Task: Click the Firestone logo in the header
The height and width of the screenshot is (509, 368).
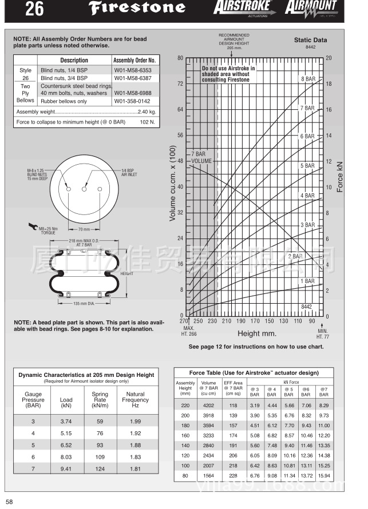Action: (141, 9)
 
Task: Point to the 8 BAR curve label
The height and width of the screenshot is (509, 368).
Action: (308, 79)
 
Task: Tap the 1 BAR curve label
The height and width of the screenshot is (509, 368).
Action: (307, 281)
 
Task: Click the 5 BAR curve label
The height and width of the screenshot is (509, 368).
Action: (307, 166)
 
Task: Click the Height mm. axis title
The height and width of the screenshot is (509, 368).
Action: (257, 333)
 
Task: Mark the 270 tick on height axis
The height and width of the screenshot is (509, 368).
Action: (185, 321)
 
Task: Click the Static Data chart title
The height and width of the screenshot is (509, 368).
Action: (310, 40)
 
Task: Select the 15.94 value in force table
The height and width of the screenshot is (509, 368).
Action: (324, 476)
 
